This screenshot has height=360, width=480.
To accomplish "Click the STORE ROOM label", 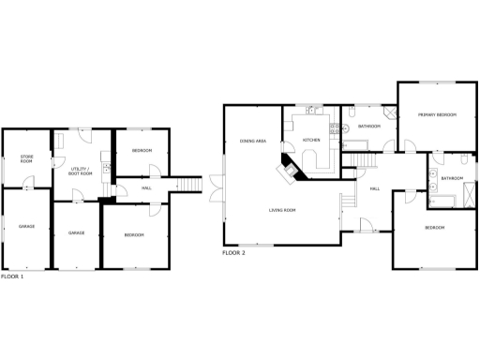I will [x=26, y=158].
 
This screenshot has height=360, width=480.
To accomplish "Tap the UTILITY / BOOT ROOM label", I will [x=82, y=172].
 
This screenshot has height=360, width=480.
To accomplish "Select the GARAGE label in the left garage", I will [x=26, y=226].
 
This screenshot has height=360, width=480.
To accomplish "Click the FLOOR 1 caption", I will [x=12, y=277].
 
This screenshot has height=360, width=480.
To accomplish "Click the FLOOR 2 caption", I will [x=233, y=253].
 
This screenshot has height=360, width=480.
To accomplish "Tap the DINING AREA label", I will [x=253, y=140].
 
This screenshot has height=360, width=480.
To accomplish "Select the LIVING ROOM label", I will [x=282, y=210].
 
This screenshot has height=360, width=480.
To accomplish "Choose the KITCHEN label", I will [x=311, y=141].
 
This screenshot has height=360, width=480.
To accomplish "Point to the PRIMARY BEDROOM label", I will [x=437, y=114].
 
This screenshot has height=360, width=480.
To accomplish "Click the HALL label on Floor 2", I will [x=374, y=190].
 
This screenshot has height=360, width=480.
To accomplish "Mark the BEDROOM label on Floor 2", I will [x=434, y=228].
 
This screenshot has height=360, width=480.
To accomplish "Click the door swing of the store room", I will [x=28, y=183].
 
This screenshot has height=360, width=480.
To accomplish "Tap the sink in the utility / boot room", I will [x=106, y=169].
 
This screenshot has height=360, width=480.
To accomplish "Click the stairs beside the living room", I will [x=350, y=201].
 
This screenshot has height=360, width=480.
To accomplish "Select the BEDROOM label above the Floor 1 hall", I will [x=142, y=151].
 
